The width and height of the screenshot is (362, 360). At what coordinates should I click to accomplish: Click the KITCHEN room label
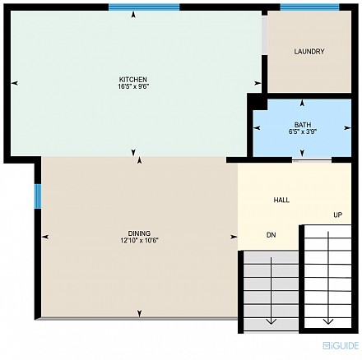(133, 80)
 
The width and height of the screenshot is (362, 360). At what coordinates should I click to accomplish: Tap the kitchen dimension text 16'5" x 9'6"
(133, 86)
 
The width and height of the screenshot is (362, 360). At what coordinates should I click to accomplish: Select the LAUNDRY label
(309, 52)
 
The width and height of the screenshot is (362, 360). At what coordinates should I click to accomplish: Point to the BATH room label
(303, 125)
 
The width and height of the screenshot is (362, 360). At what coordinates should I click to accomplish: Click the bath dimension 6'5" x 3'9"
(303, 132)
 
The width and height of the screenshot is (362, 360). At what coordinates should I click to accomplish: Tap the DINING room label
(139, 233)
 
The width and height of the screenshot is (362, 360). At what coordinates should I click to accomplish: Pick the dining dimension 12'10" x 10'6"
(139, 240)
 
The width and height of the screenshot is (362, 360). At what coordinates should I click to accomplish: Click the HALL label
(281, 200)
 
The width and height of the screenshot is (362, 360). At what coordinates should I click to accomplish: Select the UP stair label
(337, 215)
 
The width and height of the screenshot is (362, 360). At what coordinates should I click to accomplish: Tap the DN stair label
(271, 235)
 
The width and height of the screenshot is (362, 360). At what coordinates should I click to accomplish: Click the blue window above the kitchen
(144, 7)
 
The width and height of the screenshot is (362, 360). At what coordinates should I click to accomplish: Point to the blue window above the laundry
(309, 7)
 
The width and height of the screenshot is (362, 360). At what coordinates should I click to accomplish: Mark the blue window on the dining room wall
(38, 196)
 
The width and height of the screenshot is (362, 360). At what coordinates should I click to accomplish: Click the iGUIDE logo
(341, 345)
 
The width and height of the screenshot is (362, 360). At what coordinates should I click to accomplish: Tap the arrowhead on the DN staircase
(271, 321)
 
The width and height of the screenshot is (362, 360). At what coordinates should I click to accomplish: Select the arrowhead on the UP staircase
(328, 321)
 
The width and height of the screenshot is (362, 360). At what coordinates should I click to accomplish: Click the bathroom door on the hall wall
(312, 161)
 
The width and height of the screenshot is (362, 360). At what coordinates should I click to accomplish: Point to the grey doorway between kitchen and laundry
(264, 35)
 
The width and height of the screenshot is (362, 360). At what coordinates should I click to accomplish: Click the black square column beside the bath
(258, 102)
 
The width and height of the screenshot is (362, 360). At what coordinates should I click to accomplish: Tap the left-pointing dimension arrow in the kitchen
(15, 83)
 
